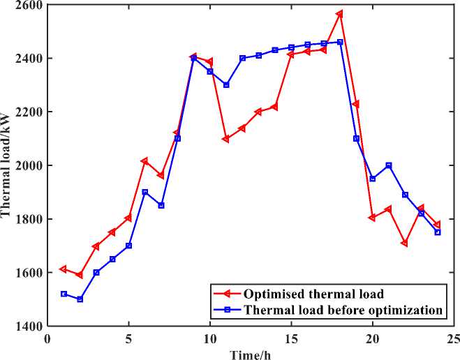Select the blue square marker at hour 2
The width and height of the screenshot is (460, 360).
(80, 299)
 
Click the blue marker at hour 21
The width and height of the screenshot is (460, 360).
(389, 165)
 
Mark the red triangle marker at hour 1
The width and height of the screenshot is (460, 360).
(64, 269)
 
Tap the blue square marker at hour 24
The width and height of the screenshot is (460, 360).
(438, 232)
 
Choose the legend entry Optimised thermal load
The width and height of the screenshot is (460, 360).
(315, 294)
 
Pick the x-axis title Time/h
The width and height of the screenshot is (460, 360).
(251, 353)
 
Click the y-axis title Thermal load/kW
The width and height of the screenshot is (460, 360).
(7, 165)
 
